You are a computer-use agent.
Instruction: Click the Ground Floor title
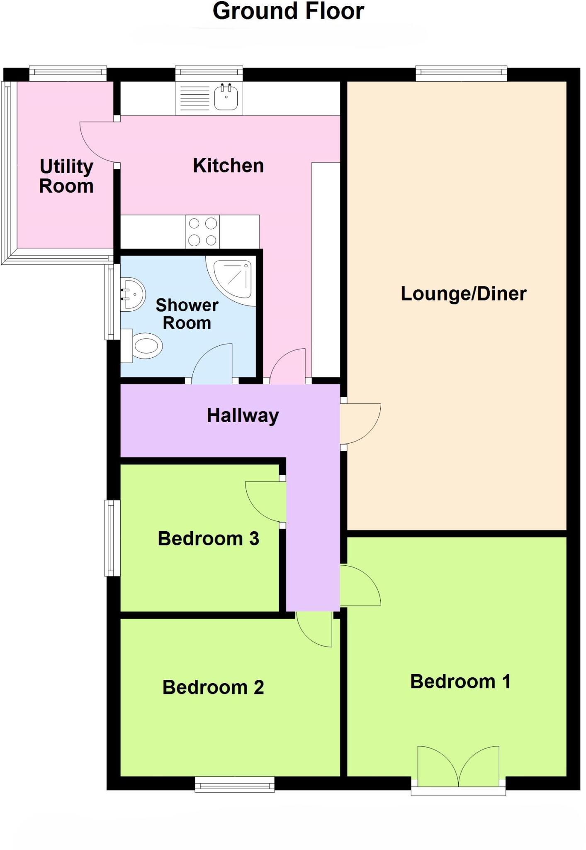[288, 11]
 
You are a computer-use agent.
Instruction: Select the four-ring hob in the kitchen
[203, 232]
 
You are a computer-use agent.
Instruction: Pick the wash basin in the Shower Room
[132, 294]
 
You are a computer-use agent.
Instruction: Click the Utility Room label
[66, 176]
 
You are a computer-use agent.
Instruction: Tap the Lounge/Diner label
[463, 294]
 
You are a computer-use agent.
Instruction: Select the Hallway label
[243, 415]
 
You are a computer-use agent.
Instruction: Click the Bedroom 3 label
[208, 539]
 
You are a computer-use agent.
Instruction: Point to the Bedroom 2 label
[213, 687]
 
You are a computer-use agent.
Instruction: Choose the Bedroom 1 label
[460, 681]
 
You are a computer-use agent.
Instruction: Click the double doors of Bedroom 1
[458, 768]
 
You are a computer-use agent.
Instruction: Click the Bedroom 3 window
[111, 538]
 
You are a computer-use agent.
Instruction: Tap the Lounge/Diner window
[461, 73]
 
